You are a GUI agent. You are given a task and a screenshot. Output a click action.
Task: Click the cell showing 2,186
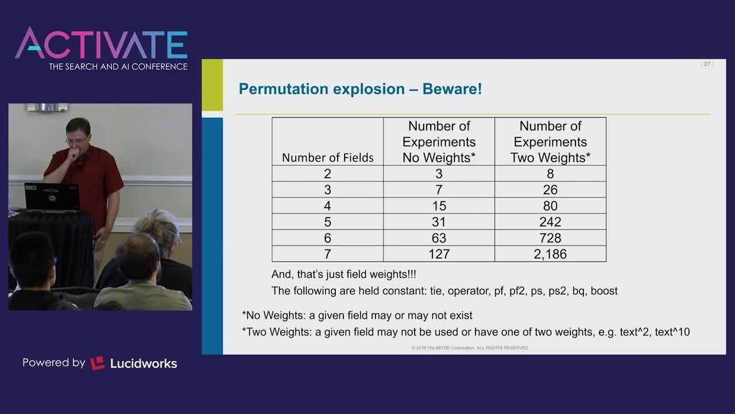[550, 254]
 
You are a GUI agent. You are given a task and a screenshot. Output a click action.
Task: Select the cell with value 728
[550, 238]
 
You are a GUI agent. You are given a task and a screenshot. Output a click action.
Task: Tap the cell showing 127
[439, 254]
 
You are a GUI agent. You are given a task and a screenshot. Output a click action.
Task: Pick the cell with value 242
[550, 222]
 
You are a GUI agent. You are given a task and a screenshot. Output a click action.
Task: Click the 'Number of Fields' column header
[327, 158]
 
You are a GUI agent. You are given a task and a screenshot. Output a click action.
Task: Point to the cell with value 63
[439, 238]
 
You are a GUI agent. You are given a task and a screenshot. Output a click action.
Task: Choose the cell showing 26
[550, 190]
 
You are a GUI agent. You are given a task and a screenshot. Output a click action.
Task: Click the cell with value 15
[439, 206]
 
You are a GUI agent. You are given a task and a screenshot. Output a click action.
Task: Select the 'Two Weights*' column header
[550, 142]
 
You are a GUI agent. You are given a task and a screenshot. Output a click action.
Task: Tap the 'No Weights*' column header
[439, 142]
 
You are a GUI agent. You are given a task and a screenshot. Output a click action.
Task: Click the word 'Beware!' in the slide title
[452, 89]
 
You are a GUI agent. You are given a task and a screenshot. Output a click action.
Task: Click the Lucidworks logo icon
[98, 363]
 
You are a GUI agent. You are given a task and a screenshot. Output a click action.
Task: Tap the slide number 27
[707, 64]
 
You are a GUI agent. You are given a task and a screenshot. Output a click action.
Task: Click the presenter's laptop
[52, 198]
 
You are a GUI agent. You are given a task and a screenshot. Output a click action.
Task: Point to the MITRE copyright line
[470, 348]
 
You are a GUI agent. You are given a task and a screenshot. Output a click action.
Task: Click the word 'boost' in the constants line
[604, 291]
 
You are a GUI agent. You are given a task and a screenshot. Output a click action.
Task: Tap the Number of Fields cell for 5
[327, 222]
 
